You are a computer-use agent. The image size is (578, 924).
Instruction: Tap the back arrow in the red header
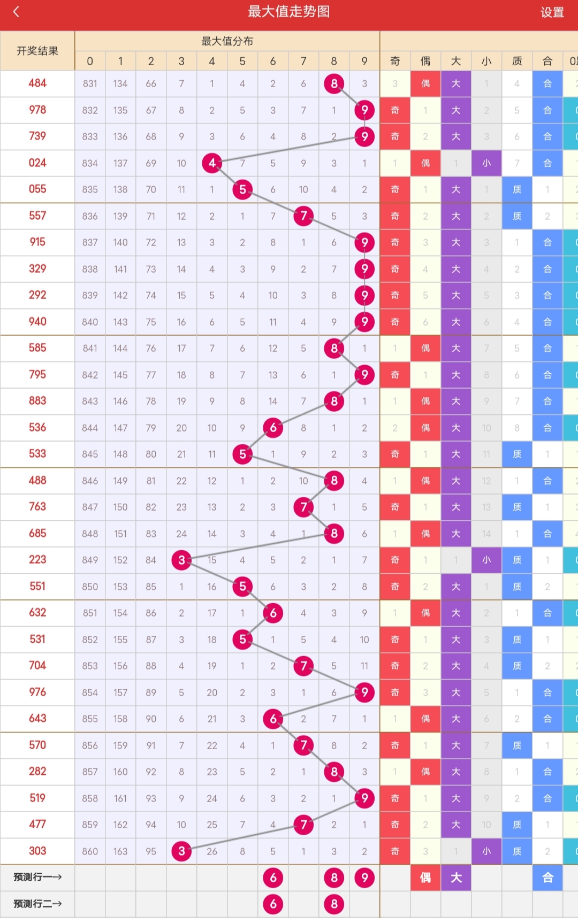pos(17,12)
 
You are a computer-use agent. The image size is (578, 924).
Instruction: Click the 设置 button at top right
pos(552,12)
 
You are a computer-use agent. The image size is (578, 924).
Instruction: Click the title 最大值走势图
pos(288,12)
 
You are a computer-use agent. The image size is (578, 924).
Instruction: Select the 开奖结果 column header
pos(37,51)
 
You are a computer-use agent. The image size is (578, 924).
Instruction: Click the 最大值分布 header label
pos(227,41)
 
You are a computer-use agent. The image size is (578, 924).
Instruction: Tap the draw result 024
pos(37,163)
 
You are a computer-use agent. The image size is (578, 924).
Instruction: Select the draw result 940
pos(37,321)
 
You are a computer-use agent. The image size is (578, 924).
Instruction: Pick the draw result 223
pos(37,559)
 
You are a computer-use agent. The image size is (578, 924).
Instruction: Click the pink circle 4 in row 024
pos(212,163)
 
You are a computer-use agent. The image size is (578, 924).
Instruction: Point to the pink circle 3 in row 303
pos(181,851)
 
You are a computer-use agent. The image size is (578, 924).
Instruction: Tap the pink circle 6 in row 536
pos(273,427)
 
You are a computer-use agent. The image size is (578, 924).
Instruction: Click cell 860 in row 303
pos(90,851)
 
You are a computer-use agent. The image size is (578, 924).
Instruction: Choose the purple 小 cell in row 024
pos(486,163)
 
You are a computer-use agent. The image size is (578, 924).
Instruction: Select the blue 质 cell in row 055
pos(516,189)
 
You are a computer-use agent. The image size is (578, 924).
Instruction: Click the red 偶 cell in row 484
pos(425,83)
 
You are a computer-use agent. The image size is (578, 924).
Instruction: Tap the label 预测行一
pos(37,877)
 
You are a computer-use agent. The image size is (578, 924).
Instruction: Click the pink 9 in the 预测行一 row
pos(364,877)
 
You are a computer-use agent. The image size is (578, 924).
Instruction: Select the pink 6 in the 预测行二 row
pos(273,904)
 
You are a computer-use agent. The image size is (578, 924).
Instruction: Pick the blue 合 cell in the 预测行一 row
pos(547,877)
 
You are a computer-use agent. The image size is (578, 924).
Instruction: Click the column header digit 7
pos(303,61)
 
